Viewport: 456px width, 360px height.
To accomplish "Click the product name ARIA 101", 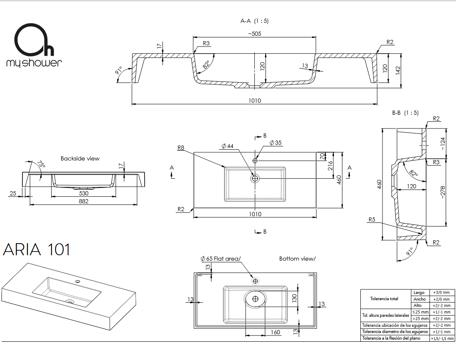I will click(37, 250).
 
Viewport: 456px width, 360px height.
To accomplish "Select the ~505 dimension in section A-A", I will click(254, 33).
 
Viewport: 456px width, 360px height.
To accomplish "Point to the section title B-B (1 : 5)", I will click(405, 113).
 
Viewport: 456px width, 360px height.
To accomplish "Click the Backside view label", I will click(80, 158).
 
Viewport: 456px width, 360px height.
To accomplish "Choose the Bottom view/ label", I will click(297, 259).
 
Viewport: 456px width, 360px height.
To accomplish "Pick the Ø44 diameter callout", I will click(227, 146).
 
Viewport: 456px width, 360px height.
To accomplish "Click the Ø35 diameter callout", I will click(275, 143).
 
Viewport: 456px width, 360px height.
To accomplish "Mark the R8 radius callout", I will click(180, 148).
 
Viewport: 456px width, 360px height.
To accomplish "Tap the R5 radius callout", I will click(372, 220).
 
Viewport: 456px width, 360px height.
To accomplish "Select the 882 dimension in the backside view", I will click(84, 201).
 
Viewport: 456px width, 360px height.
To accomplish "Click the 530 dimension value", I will click(84, 193).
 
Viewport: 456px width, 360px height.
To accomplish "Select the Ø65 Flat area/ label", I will click(220, 259).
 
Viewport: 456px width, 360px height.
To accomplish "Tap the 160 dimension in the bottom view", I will click(275, 332).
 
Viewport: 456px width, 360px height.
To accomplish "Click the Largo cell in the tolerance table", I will click(418, 293).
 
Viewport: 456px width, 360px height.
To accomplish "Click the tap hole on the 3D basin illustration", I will click(77, 282).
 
